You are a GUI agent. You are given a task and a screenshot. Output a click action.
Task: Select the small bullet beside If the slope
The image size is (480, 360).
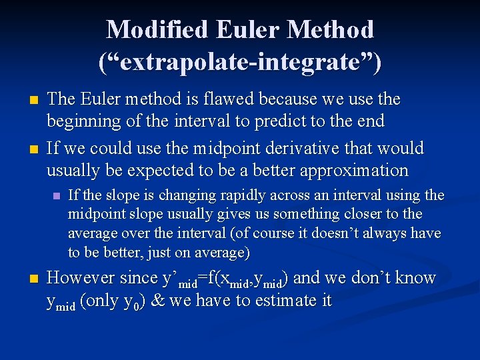56,196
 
